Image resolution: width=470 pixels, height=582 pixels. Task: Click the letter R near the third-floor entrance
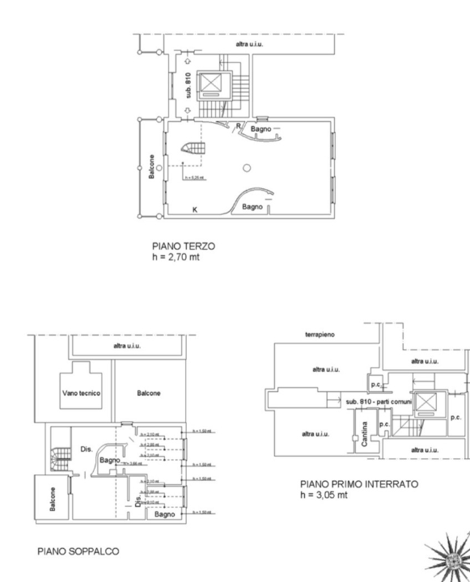coord(238,127)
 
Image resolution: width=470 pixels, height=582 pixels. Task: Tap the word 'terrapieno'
coord(320,333)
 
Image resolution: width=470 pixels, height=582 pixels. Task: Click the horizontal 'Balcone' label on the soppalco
coord(148,394)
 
